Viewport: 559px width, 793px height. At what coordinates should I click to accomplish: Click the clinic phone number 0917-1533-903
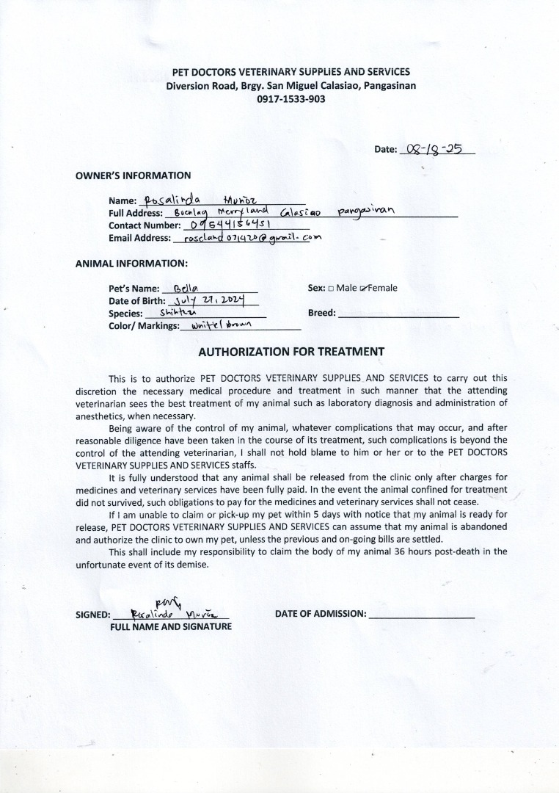(x=291, y=98)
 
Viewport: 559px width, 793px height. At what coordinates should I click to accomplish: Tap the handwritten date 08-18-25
(x=436, y=148)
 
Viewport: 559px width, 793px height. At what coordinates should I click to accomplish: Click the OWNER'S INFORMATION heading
(x=133, y=175)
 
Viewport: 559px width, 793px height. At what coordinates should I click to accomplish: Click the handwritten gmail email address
(x=252, y=238)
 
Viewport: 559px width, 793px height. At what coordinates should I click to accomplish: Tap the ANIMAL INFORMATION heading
(x=131, y=262)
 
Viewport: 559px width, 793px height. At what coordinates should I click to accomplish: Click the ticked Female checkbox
(x=363, y=289)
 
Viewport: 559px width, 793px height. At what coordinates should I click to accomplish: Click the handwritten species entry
(x=173, y=314)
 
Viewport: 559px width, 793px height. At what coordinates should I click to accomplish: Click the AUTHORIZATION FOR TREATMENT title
(x=291, y=352)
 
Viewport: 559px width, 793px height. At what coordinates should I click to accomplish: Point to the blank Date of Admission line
(x=422, y=615)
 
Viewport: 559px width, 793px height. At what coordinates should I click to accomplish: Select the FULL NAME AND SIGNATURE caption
(x=171, y=627)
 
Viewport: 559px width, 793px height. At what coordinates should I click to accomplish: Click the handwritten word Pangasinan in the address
(x=366, y=212)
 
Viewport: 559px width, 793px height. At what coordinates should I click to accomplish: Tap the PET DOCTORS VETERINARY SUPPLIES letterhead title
(x=291, y=72)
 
